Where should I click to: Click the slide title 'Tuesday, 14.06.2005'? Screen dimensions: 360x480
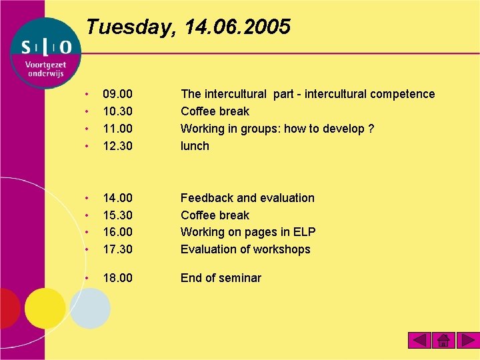coord(189,27)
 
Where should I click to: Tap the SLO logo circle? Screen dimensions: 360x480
coord(45,53)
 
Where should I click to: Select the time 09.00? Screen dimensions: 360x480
coord(117,94)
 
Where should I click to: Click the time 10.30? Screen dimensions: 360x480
coord(117,111)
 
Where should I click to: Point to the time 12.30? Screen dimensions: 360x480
coord(117,146)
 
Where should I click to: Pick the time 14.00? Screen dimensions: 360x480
coord(117,198)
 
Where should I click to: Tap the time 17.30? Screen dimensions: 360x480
coord(117,249)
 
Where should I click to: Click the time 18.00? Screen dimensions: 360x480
coord(117,278)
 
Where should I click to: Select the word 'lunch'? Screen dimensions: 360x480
coord(195,146)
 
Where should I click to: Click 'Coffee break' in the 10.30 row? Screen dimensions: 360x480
coord(215,111)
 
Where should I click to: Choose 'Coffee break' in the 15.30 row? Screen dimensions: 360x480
coord(215,215)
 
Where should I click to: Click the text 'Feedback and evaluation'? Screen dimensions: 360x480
coord(247,198)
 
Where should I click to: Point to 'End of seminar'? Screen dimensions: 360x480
coord(221,278)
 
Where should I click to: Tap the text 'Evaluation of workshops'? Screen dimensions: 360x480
coord(245,249)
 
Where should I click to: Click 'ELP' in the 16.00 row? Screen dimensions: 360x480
coord(303,232)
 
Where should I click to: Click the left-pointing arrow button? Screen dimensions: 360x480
coord(419,341)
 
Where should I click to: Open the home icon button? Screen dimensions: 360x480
coord(443,341)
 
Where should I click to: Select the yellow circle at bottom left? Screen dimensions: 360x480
coord(45,308)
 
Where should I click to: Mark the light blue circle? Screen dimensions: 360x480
coord(89,308)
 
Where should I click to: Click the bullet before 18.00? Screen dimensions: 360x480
coord(87,278)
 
